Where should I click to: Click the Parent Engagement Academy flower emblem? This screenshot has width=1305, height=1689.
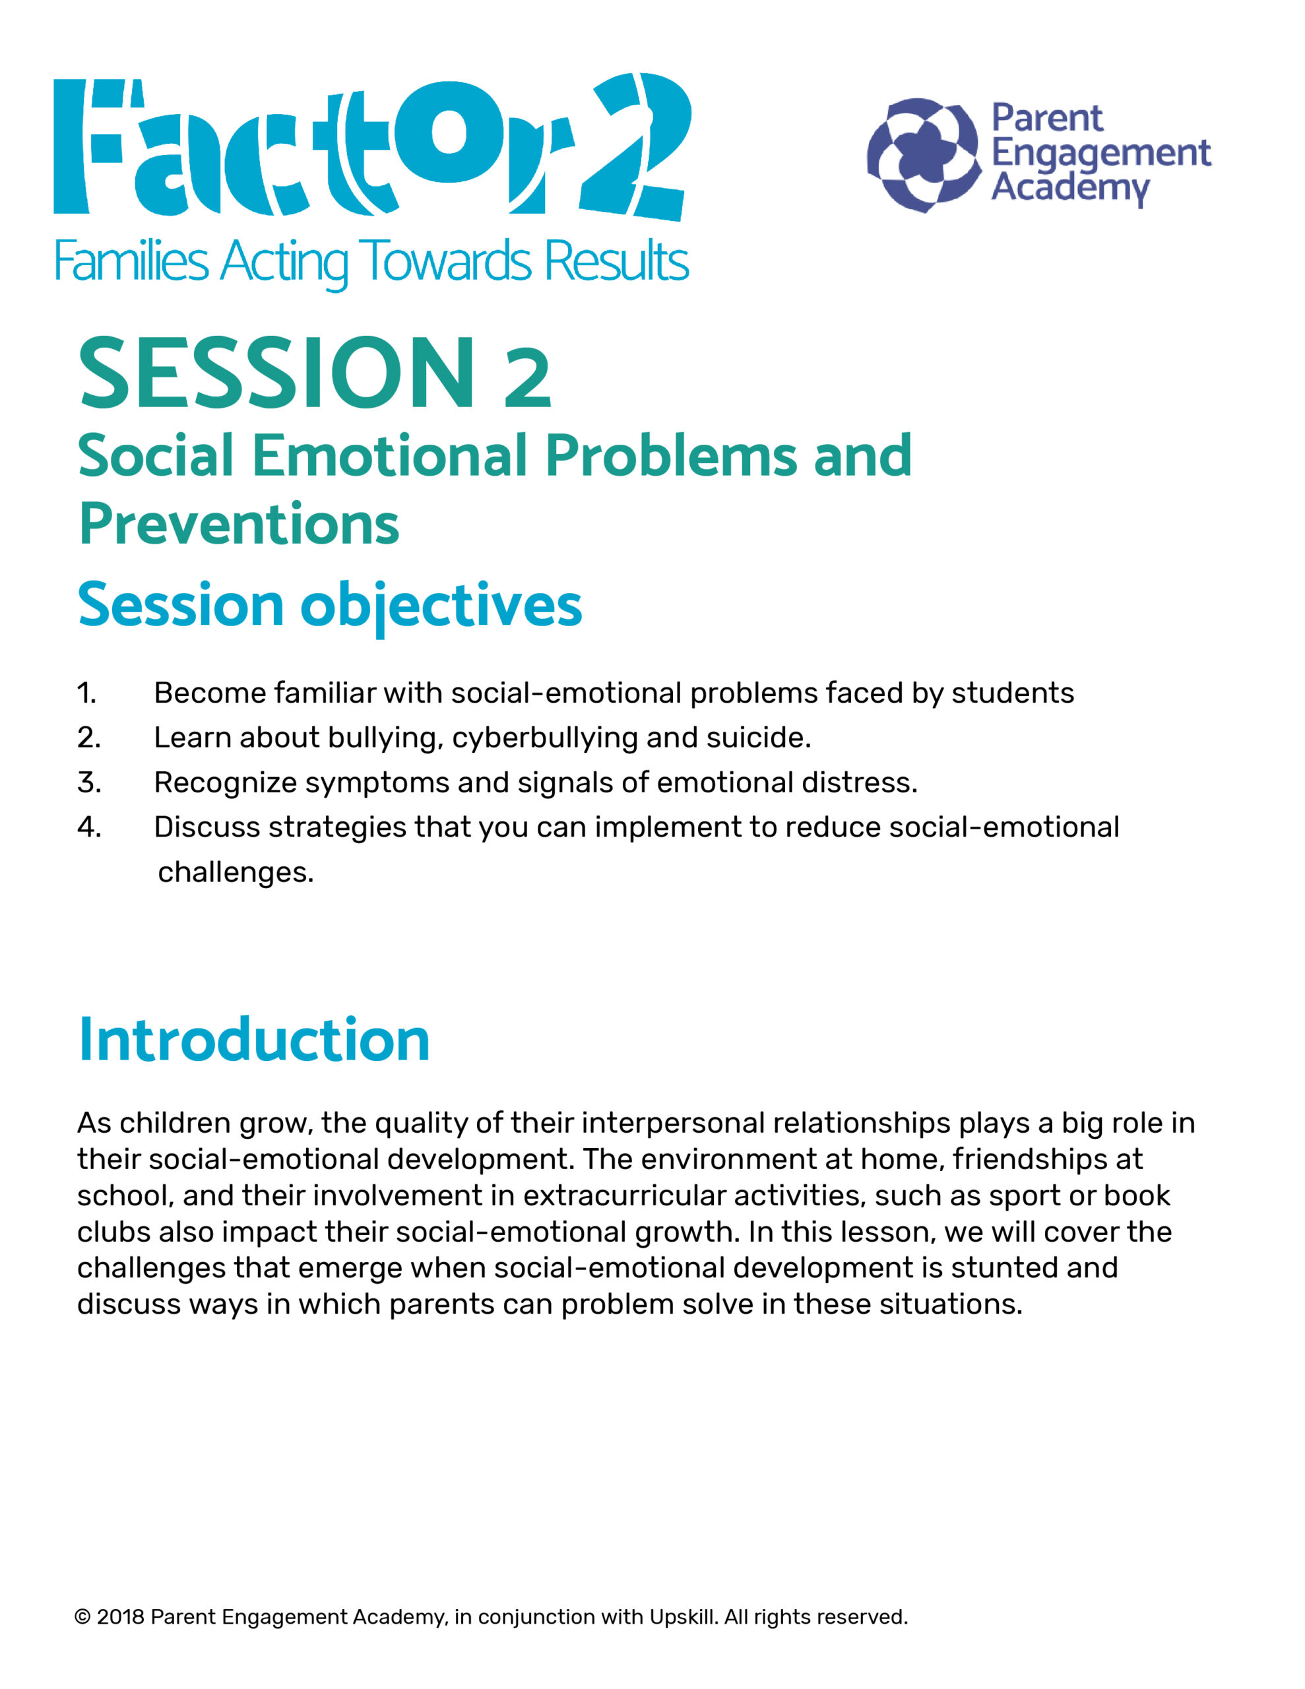[x=924, y=156]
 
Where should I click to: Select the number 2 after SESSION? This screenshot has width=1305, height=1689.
[x=528, y=377]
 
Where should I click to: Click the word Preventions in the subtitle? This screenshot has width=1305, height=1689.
[x=239, y=525]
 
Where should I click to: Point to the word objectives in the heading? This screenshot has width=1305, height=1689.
[x=441, y=606]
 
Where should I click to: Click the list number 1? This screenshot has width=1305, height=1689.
[x=86, y=693]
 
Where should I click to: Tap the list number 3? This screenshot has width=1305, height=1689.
[x=89, y=782]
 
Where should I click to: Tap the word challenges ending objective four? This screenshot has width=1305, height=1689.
[x=234, y=872]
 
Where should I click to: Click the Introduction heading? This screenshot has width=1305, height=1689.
[x=254, y=1040]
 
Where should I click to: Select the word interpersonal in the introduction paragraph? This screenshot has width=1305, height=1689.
[x=672, y=1123]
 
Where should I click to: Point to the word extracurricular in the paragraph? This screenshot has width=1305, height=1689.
[x=623, y=1195]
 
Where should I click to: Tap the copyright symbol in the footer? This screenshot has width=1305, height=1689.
[x=82, y=1617]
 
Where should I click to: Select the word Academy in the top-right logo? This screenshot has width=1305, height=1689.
[x=1070, y=187]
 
